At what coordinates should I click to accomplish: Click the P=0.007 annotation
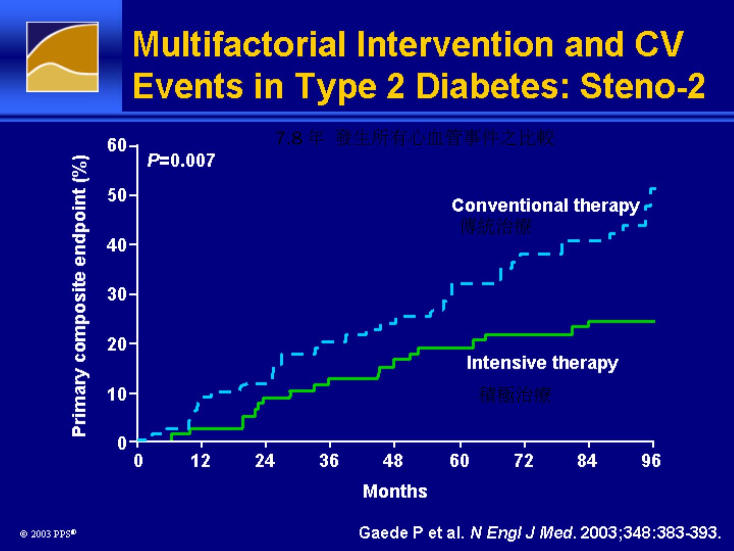181,161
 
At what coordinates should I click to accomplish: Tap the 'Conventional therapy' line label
545,206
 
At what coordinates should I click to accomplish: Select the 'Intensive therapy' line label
542,363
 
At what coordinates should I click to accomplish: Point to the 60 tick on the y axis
117,146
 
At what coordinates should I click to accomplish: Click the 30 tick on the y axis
117,294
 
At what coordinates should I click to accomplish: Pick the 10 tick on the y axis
117,394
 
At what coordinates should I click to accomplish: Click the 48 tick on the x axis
393,461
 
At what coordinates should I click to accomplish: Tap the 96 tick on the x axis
651,461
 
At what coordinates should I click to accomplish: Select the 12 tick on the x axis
201,461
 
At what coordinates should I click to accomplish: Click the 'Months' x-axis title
395,491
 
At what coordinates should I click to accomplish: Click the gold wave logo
62,57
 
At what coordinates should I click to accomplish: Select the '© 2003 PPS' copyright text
48,534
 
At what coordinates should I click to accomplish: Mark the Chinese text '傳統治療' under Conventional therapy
495,226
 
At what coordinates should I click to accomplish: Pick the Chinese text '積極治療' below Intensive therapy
515,394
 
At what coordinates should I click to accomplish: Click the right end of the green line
653,321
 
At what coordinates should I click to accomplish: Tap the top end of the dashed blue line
653,189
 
